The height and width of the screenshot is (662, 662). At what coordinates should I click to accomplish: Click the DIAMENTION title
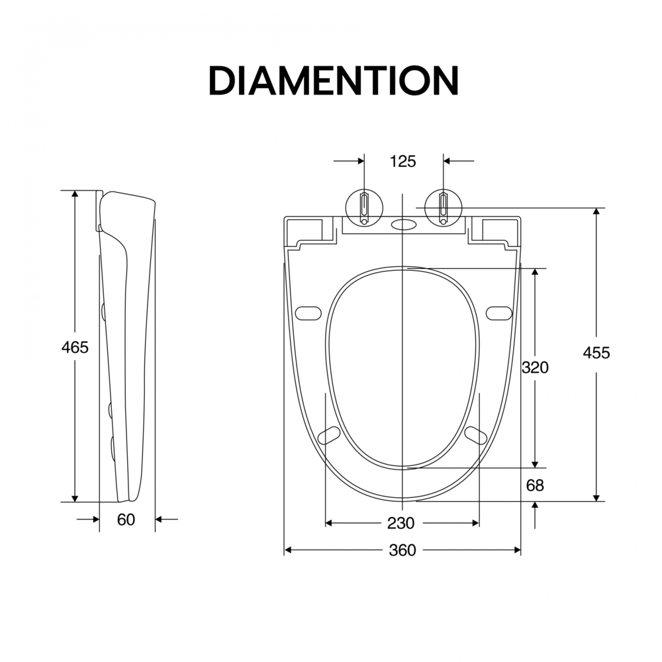[334, 80]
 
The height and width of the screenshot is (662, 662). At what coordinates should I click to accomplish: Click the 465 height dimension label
[75, 348]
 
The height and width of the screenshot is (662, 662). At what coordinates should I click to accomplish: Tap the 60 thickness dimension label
[126, 520]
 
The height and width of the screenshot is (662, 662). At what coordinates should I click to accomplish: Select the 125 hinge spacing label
[402, 162]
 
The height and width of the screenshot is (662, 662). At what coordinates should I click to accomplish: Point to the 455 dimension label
[596, 353]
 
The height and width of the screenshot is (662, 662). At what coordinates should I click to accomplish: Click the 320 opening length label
[535, 367]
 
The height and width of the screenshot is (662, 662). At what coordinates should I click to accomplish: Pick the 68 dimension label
[535, 485]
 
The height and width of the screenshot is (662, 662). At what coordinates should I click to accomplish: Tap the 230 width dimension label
[401, 524]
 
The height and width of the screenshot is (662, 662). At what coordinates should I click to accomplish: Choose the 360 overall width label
[402, 550]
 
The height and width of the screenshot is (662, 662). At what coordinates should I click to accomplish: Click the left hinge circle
[364, 208]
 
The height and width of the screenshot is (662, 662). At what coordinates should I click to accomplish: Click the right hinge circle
[443, 208]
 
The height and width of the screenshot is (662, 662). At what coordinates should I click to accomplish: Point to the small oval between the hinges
[404, 224]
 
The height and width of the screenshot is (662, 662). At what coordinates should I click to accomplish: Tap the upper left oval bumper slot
[308, 313]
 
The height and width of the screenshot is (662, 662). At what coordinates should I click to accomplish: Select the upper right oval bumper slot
[499, 313]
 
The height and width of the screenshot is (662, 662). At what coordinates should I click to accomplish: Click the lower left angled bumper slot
[328, 436]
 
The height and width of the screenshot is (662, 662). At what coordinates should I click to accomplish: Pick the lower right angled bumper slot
[476, 436]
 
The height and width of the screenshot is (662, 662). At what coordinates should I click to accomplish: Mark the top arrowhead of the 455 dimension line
[596, 212]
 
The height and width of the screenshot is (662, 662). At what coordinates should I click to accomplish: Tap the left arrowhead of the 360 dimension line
[289, 550]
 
